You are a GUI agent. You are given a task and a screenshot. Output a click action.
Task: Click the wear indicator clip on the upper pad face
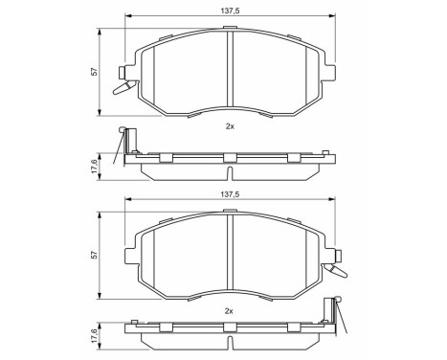point(121,84)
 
